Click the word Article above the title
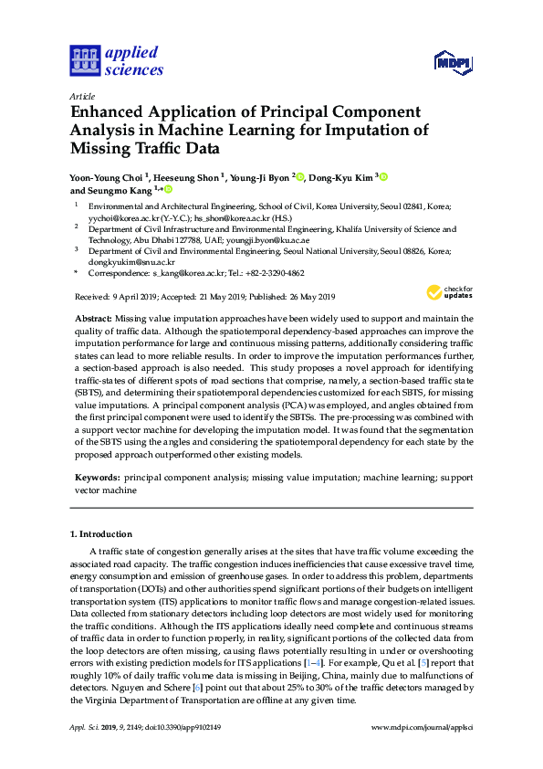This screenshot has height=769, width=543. pyautogui.click(x=81, y=95)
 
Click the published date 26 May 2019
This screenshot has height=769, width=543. pyautogui.click(x=301, y=297)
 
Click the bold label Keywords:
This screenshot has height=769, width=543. pyautogui.click(x=98, y=477)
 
